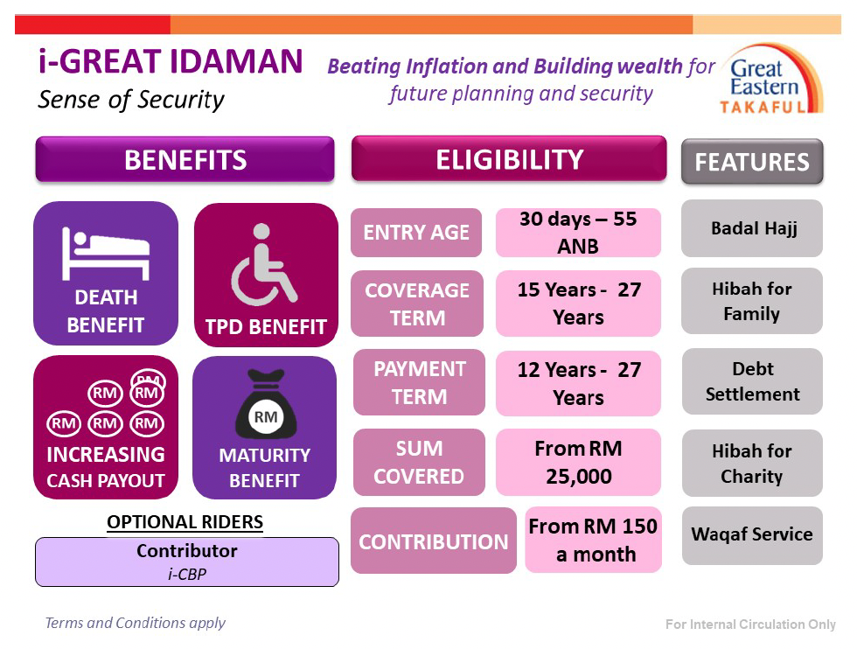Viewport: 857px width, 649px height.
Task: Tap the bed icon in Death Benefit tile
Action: click(x=106, y=253)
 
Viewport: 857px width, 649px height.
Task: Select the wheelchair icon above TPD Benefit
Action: click(x=264, y=265)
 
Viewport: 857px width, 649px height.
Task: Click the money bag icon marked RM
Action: click(x=266, y=404)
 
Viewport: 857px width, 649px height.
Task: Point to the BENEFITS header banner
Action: click(x=185, y=159)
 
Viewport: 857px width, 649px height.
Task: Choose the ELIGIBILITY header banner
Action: click(x=509, y=158)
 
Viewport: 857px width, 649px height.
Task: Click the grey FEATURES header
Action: click(x=752, y=162)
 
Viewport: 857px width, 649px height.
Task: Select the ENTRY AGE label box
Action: click(x=416, y=233)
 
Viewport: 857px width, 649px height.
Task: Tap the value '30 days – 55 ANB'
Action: click(x=578, y=233)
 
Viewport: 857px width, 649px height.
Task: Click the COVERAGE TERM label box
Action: click(x=417, y=304)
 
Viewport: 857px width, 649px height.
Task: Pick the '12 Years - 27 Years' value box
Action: click(x=578, y=383)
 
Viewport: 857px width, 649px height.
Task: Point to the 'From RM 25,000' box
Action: click(x=578, y=462)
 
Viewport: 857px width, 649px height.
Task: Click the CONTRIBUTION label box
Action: click(x=434, y=541)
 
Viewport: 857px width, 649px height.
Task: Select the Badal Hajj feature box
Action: click(x=752, y=228)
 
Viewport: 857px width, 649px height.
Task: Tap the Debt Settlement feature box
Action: click(x=753, y=381)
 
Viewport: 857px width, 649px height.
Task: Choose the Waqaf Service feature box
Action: click(x=753, y=535)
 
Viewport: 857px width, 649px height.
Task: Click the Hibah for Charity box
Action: click(x=753, y=463)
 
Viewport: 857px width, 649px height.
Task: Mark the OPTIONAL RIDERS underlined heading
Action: click(x=185, y=522)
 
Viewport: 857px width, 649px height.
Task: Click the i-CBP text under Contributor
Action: click(x=187, y=574)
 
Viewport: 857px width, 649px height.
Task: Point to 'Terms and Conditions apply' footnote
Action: click(x=135, y=623)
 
